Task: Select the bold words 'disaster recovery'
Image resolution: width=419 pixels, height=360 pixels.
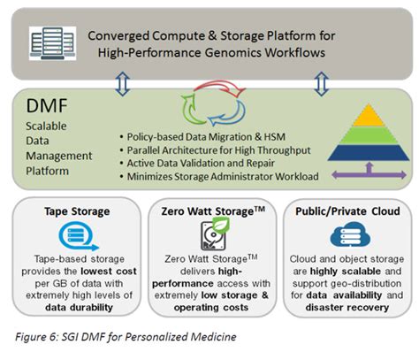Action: [x=343, y=306]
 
